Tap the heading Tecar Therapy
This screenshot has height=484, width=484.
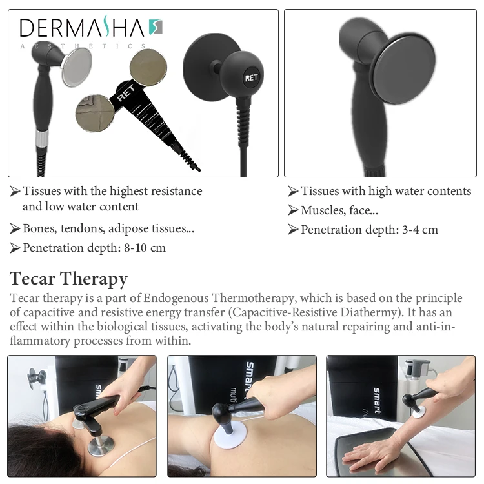tap(68, 279)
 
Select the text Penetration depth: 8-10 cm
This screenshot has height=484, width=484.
tap(94, 248)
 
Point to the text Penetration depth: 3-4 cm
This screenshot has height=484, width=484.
tap(369, 230)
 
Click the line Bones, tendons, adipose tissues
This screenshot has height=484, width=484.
tap(108, 228)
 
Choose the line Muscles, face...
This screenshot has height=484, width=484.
tap(339, 210)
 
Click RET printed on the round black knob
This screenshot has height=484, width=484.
tap(251, 78)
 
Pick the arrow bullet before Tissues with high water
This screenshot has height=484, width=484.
tap(293, 192)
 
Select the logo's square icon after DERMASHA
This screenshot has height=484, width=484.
tap(156, 27)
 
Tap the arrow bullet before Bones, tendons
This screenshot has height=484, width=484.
tap(15, 228)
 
